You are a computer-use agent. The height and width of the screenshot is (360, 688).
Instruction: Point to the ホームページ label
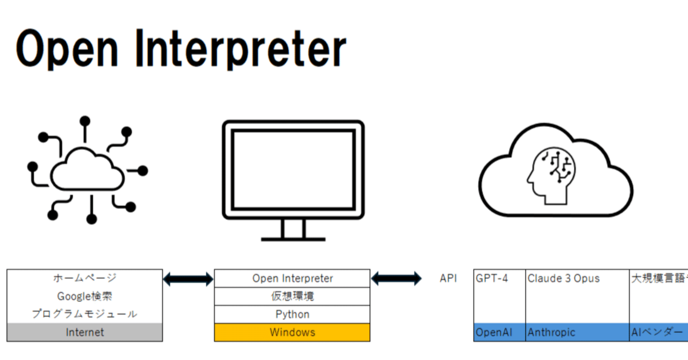84,278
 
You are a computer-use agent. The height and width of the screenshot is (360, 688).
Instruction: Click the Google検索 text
84,296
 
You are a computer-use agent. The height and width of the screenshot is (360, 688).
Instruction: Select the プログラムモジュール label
84,314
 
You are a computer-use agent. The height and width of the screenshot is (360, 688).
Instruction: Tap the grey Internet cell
84,332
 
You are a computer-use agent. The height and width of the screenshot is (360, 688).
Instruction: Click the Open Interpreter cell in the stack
292,278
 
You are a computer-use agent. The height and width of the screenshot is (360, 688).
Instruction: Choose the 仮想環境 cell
292,296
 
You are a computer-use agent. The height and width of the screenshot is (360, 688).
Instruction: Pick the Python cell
292,314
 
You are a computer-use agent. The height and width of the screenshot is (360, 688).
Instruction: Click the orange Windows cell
292,332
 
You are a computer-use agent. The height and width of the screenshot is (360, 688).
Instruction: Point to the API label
448,278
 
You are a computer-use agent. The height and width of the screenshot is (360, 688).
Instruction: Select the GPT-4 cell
499,296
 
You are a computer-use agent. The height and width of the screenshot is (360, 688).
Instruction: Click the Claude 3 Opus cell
577,296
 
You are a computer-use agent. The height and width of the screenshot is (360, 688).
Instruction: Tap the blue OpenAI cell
499,332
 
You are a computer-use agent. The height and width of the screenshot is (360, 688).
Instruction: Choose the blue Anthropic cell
577,332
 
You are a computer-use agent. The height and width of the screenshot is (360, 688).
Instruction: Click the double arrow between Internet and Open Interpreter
188,279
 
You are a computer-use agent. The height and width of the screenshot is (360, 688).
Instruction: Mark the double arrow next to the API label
396,278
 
